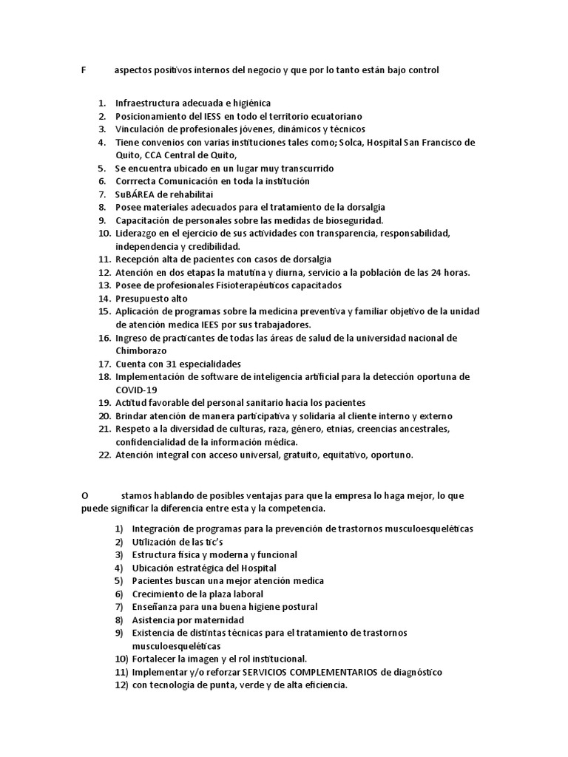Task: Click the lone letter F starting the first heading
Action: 83,70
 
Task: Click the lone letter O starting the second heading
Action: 84,495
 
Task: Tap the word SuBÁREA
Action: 137,194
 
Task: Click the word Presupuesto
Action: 141,299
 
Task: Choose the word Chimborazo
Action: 141,351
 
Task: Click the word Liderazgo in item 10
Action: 138,234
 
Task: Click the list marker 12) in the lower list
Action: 121,685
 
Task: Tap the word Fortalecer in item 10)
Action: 156,659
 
